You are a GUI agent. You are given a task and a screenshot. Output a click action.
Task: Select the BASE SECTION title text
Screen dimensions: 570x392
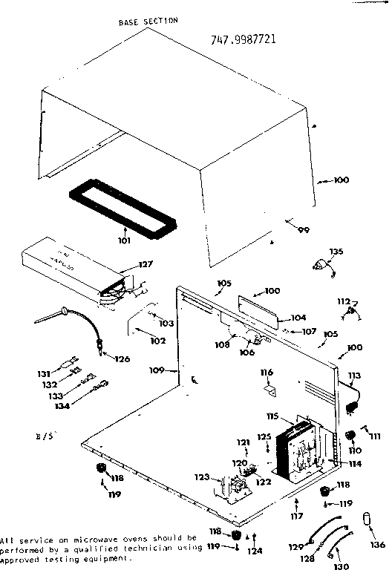pyautogui.click(x=148, y=22)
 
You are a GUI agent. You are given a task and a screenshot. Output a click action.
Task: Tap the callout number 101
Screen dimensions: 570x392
pyautogui.click(x=124, y=240)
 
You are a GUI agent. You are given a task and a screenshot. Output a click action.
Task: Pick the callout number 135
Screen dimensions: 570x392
pyautogui.click(x=337, y=252)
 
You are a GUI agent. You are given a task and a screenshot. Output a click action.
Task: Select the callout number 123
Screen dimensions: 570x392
pyautogui.click(x=203, y=477)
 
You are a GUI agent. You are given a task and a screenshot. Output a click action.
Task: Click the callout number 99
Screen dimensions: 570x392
pyautogui.click(x=302, y=231)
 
